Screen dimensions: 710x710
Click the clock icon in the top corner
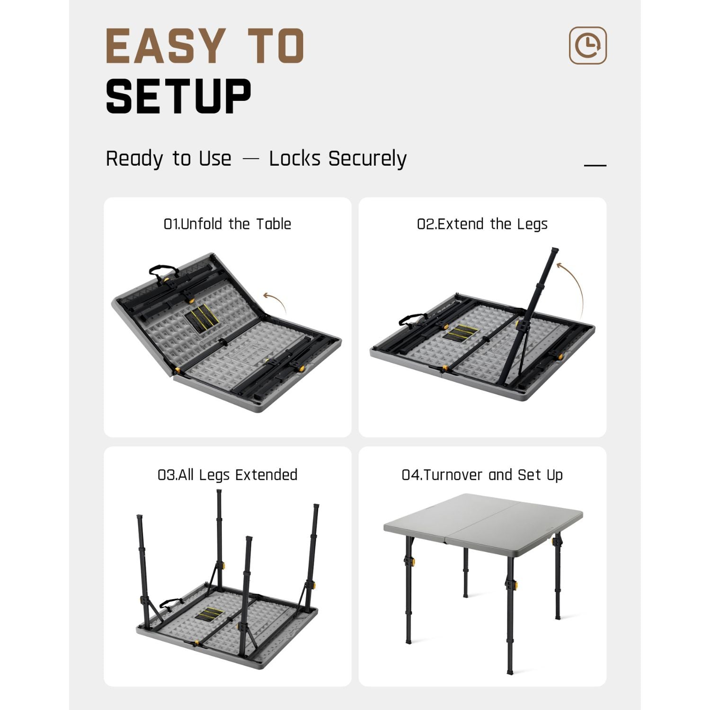click(x=587, y=45)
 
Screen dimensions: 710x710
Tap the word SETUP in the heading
click(x=178, y=97)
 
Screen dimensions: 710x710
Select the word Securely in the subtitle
click(x=367, y=159)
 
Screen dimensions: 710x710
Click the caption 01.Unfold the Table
click(x=227, y=224)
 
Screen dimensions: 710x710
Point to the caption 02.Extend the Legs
click(x=482, y=224)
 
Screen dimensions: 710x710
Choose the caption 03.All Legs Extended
click(x=227, y=475)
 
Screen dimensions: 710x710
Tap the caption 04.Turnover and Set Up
click(x=482, y=475)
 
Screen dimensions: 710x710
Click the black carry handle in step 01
click(x=163, y=271)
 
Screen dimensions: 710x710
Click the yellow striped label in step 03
click(x=210, y=615)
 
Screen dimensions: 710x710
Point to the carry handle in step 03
click(x=171, y=603)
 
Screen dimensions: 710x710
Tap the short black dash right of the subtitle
click(x=595, y=165)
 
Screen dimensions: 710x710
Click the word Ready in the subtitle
click(x=134, y=159)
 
